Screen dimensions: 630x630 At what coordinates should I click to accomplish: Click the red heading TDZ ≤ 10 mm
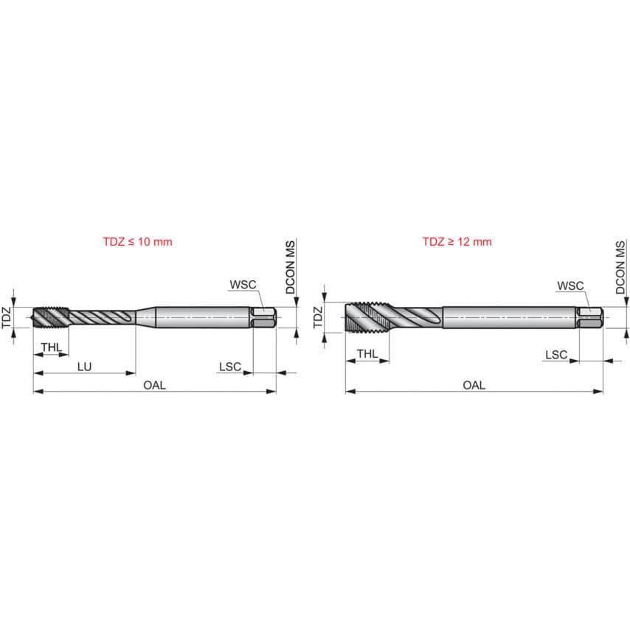click(x=136, y=241)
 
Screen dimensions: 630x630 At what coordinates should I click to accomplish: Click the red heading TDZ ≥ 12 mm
click(x=457, y=241)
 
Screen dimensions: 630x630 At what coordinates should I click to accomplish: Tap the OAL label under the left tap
click(x=154, y=384)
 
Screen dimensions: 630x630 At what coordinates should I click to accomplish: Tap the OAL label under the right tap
click(x=474, y=384)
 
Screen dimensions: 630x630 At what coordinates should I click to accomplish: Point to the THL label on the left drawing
click(x=51, y=347)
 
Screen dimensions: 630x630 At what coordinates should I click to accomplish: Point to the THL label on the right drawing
click(x=367, y=354)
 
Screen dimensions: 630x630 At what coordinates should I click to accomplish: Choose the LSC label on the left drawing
click(x=229, y=366)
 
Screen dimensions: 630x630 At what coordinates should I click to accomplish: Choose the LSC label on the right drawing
click(x=556, y=355)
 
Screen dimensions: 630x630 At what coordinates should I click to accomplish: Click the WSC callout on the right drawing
click(x=570, y=285)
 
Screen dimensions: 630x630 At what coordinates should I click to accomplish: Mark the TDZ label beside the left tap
click(x=6, y=318)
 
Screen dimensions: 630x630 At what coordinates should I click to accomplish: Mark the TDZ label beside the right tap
click(x=318, y=318)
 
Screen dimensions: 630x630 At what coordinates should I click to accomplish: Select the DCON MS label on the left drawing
click(x=290, y=267)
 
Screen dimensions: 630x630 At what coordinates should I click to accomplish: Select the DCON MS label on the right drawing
click(x=620, y=267)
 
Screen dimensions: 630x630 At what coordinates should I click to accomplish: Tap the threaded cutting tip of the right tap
click(x=367, y=318)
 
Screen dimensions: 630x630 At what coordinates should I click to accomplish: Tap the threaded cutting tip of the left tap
click(x=50, y=318)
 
